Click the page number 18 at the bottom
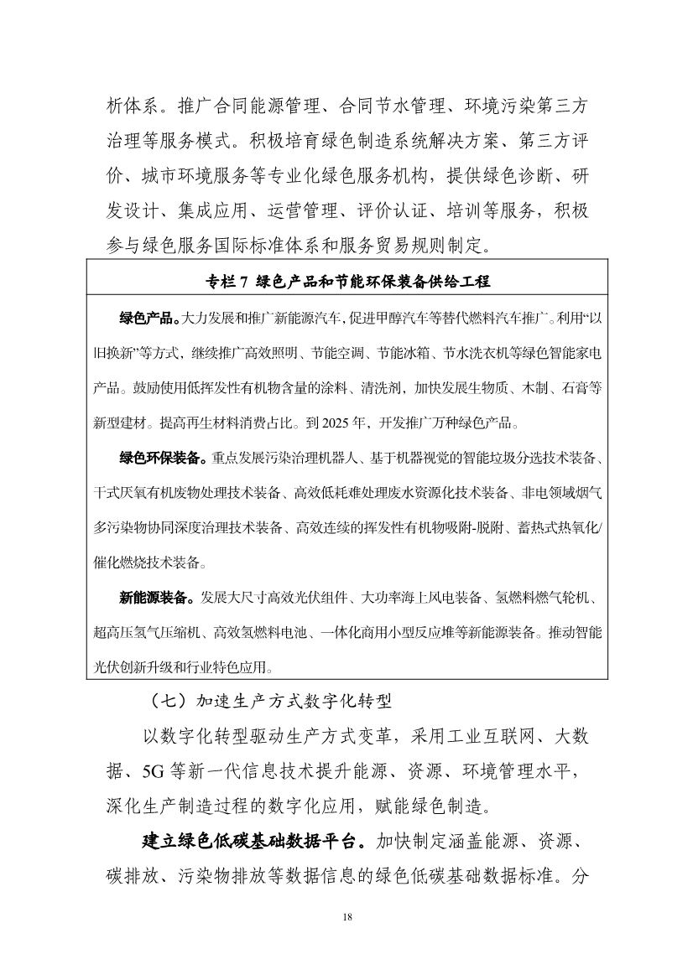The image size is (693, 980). pyautogui.click(x=346, y=916)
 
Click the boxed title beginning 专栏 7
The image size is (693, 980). pyautogui.click(x=346, y=281)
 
